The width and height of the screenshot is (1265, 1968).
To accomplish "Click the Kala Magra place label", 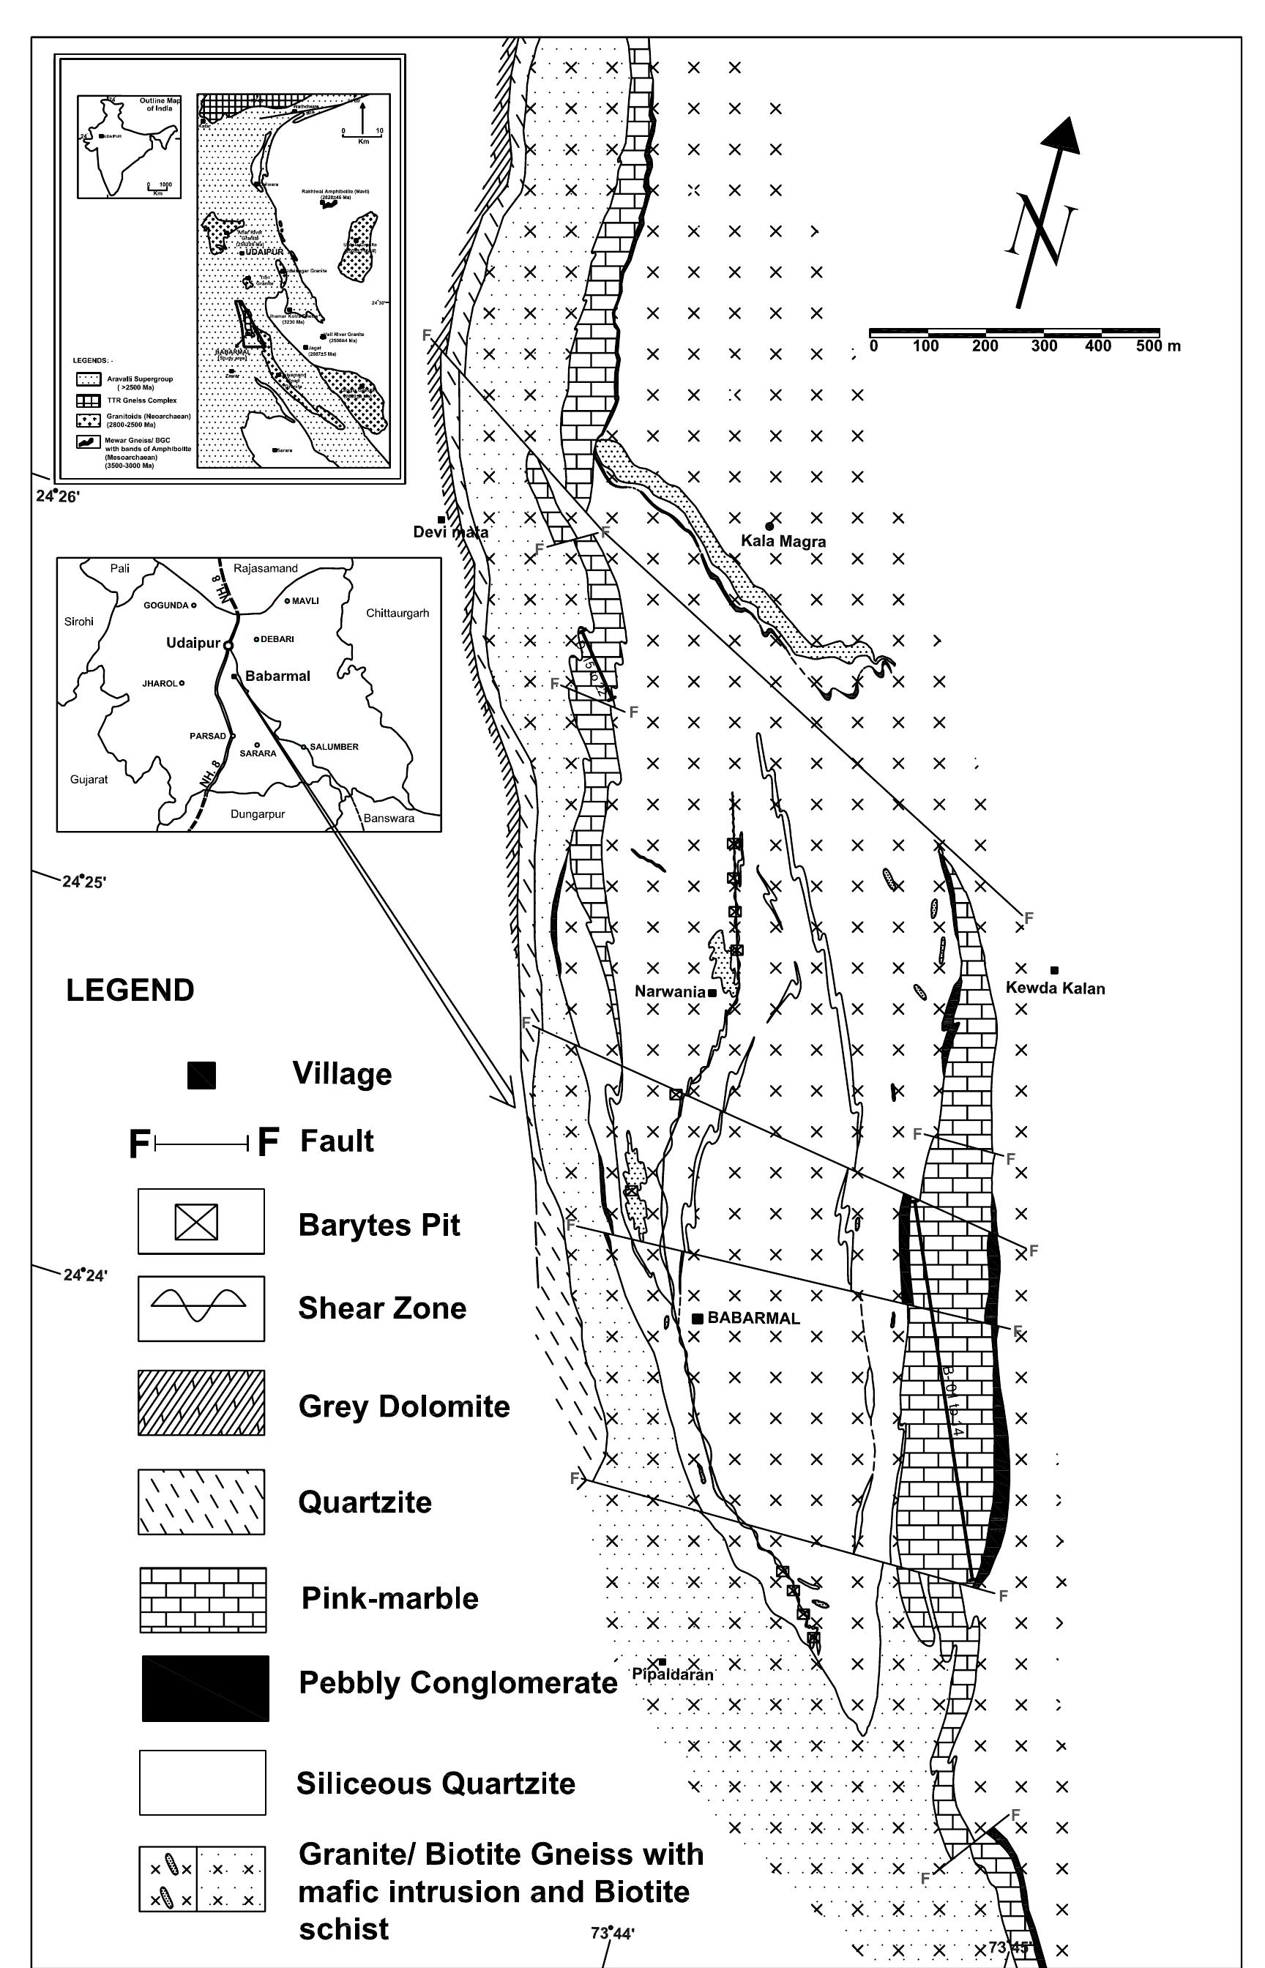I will pyautogui.click(x=783, y=541).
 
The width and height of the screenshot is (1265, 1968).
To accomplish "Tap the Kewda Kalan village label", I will pyautogui.click(x=1055, y=988).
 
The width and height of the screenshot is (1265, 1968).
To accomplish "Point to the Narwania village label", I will pyautogui.click(x=669, y=991).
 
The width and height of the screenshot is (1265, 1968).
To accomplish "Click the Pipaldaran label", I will pyautogui.click(x=672, y=1674).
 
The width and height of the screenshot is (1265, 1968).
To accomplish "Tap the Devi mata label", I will pyautogui.click(x=450, y=532).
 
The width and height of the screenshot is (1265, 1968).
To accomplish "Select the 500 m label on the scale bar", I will pyautogui.click(x=1158, y=346).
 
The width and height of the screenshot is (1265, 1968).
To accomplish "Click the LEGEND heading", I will pyautogui.click(x=130, y=990).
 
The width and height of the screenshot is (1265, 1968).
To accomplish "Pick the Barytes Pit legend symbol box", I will pyautogui.click(x=201, y=1221).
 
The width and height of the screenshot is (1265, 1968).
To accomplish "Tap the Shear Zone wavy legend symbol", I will pyautogui.click(x=201, y=1308).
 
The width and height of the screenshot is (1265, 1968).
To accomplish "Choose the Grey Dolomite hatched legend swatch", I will pyautogui.click(x=201, y=1403).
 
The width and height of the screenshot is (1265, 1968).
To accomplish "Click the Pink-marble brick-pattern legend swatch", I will pyautogui.click(x=203, y=1598).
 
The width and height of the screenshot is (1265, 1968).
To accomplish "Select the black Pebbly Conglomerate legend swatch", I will pyautogui.click(x=204, y=1688).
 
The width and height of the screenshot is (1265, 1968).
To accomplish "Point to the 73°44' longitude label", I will pyautogui.click(x=612, y=1934).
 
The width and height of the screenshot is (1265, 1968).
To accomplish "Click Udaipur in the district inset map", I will pyautogui.click(x=193, y=643).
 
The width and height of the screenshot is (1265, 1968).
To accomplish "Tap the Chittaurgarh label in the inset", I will pyautogui.click(x=397, y=614).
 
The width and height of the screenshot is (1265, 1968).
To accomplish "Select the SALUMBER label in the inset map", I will pyautogui.click(x=334, y=747).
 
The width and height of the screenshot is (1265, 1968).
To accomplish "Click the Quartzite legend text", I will pyautogui.click(x=365, y=1502).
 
